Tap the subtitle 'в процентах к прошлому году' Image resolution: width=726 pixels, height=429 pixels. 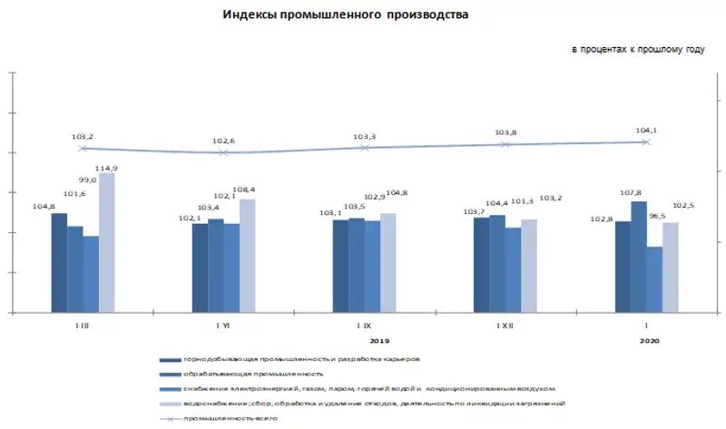[637, 48]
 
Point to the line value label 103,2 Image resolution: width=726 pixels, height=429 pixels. [83, 137]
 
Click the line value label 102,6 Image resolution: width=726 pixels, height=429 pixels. [223, 141]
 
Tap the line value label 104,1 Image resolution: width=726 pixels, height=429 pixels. [646, 131]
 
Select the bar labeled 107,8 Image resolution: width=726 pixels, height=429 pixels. [639, 257]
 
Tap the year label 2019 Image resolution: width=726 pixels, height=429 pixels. [380, 341]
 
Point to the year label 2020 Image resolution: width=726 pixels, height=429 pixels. [649, 341]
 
